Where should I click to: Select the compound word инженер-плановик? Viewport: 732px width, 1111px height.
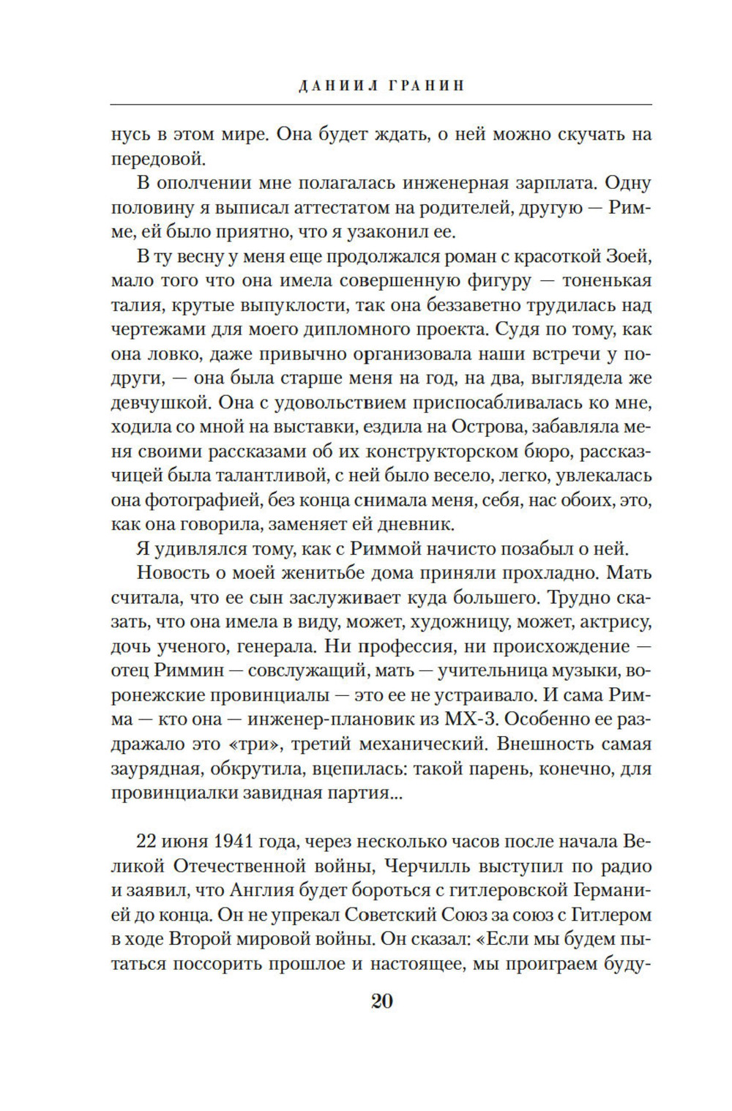tap(367, 719)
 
